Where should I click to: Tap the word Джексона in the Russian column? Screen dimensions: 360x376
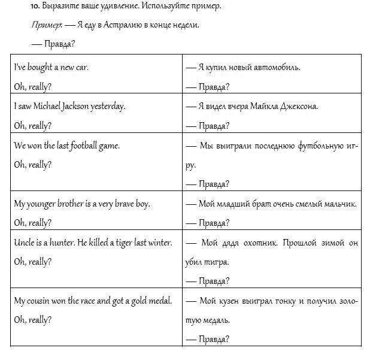pos(298,107)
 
